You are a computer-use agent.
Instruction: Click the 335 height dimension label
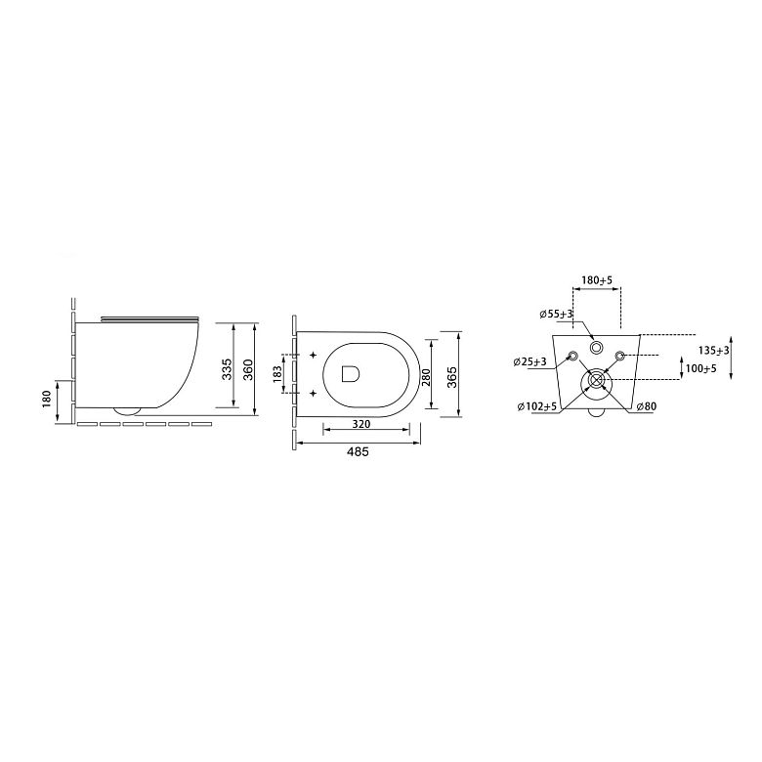pyautogui.click(x=227, y=369)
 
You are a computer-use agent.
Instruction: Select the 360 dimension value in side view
pyautogui.click(x=248, y=369)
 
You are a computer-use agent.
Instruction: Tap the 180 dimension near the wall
pyautogui.click(x=47, y=399)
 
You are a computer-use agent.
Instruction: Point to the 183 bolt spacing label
pyautogui.click(x=277, y=374)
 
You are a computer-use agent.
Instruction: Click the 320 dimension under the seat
pyautogui.click(x=361, y=424)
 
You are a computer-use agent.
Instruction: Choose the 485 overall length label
pyautogui.click(x=358, y=452)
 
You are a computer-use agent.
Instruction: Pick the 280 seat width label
pyautogui.click(x=426, y=378)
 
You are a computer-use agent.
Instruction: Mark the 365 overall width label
pyautogui.click(x=452, y=377)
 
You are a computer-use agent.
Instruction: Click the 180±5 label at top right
pyautogui.click(x=597, y=280)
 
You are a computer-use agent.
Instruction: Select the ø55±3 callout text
pyautogui.click(x=557, y=315)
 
